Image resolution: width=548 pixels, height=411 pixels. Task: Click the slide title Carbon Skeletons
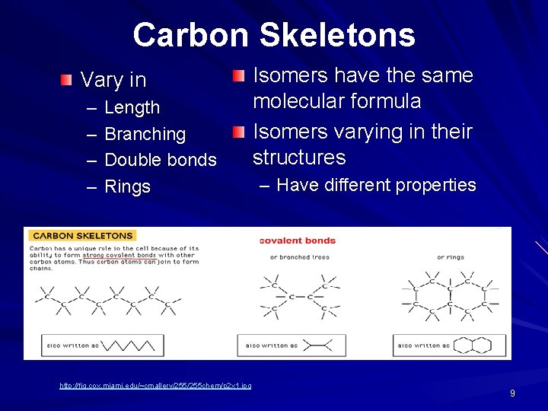click(x=274, y=35)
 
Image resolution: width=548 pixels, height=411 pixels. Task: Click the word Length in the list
click(x=132, y=108)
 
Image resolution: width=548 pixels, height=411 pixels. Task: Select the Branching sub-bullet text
click(x=145, y=134)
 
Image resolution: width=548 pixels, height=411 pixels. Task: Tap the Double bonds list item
click(x=160, y=160)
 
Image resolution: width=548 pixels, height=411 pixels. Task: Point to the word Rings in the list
click(x=127, y=186)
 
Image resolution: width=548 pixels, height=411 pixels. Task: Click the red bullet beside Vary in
click(x=68, y=80)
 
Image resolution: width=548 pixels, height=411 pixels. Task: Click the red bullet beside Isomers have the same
click(x=240, y=75)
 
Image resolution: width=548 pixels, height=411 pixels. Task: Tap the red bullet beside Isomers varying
click(x=240, y=132)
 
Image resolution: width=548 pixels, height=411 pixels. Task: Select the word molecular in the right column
click(x=298, y=101)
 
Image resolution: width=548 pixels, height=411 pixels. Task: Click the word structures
click(x=299, y=158)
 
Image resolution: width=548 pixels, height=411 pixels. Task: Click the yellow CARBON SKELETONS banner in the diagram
click(x=82, y=236)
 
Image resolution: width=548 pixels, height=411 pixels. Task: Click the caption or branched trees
click(x=299, y=257)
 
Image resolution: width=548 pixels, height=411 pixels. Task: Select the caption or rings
click(x=451, y=257)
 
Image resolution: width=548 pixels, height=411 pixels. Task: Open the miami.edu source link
click(x=155, y=387)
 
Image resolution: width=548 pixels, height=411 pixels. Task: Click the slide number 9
click(x=512, y=393)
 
